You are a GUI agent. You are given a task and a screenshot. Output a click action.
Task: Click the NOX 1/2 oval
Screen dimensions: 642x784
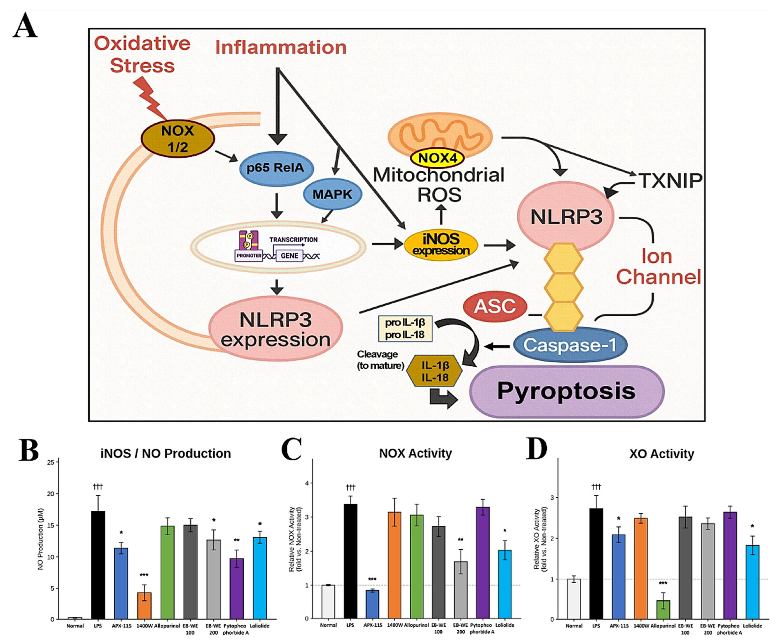(177, 139)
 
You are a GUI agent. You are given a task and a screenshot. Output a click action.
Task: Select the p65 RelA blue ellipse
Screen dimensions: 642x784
(276, 168)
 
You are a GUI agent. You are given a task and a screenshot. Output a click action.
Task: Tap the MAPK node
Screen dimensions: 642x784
(332, 194)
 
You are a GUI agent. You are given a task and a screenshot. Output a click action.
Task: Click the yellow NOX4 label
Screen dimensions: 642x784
(437, 158)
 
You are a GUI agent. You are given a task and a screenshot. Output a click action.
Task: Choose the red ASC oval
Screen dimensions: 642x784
(495, 307)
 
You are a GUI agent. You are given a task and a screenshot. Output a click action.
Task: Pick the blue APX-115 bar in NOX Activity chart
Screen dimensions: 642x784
(372, 604)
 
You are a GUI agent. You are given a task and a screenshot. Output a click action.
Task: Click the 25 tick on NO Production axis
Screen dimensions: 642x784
(51, 462)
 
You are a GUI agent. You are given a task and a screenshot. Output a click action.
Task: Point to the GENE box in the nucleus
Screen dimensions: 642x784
(289, 256)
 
